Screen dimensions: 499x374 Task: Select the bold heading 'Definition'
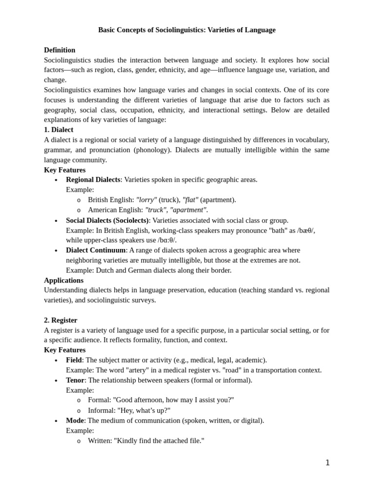tap(59, 50)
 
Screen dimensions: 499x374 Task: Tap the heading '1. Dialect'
tap(58, 130)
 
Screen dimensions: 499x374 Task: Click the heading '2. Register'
tap(60, 320)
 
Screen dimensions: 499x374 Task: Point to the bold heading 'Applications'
tap(63, 280)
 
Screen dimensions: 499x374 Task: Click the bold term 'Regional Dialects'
tap(93, 179)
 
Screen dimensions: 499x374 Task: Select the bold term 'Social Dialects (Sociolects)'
tap(107, 220)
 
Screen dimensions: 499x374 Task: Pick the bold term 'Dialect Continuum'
tap(96, 250)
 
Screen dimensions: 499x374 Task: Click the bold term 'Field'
tap(74, 360)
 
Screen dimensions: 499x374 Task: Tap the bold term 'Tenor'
tap(75, 380)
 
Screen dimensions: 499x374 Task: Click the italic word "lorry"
tap(147, 200)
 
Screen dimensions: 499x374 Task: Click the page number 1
tap(327, 463)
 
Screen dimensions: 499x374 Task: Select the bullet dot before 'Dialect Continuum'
tap(56, 251)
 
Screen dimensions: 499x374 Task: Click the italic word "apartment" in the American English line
tap(188, 210)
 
